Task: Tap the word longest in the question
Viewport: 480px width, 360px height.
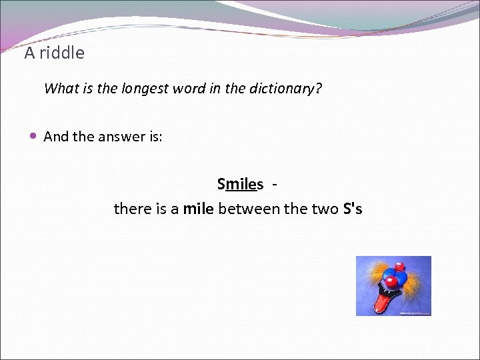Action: click(145, 89)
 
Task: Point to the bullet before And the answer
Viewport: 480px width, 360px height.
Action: click(33, 136)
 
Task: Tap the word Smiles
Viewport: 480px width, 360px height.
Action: click(240, 184)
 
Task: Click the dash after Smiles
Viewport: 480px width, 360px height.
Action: click(276, 184)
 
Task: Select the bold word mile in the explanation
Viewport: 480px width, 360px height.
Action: click(198, 209)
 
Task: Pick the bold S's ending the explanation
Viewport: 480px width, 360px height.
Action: click(352, 209)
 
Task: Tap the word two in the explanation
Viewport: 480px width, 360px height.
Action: click(325, 209)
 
